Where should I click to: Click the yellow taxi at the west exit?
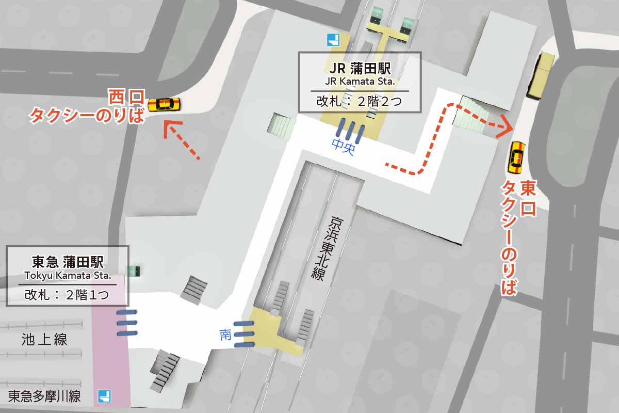[x=164, y=104]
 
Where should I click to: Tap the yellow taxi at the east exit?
[x=516, y=157]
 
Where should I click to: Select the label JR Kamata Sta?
[x=360, y=82]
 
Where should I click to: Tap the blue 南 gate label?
[x=225, y=335]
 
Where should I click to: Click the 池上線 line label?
[x=44, y=339]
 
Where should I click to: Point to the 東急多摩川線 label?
[x=44, y=396]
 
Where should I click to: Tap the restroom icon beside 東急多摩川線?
[x=105, y=396]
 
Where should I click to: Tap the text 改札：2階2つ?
[x=359, y=101]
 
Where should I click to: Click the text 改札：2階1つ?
[x=67, y=295]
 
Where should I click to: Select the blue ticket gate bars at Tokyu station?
[x=127, y=323]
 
